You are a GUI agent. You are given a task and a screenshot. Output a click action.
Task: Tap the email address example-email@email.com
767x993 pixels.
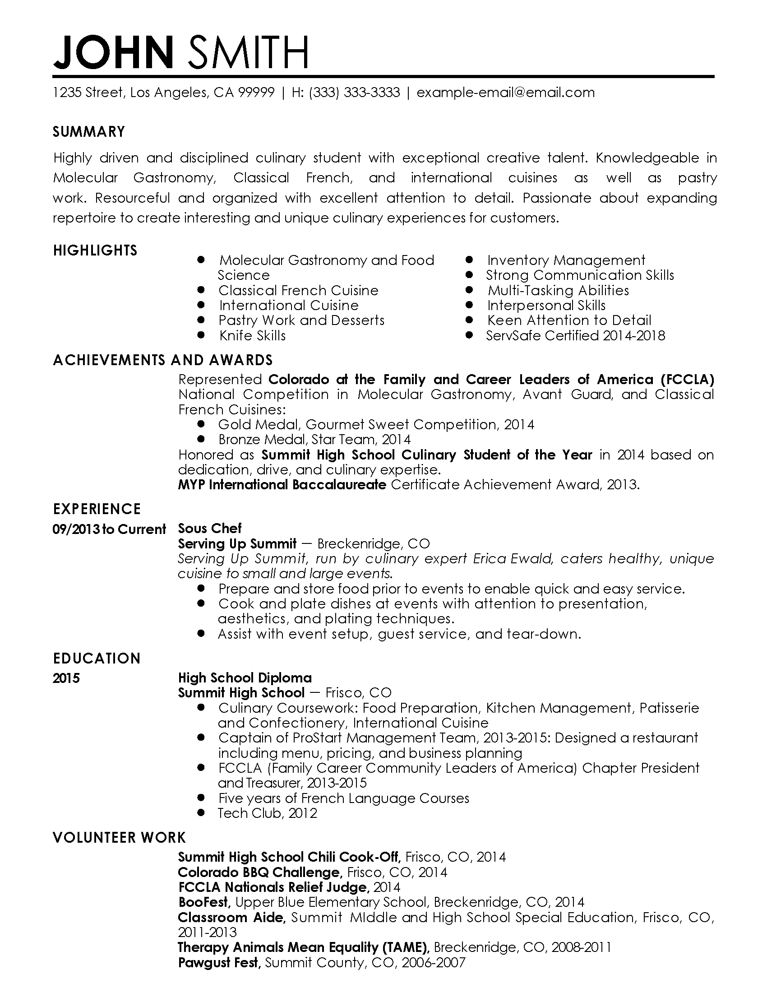click(505, 93)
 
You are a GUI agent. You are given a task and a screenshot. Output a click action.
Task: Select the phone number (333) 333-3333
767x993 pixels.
click(355, 93)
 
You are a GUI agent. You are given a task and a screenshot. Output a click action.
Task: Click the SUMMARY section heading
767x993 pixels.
click(88, 132)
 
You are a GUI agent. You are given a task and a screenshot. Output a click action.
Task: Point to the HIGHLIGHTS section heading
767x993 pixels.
click(95, 251)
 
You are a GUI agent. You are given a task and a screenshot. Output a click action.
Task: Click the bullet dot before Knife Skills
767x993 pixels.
click(201, 335)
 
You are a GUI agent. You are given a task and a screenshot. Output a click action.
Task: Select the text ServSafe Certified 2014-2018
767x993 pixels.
click(575, 335)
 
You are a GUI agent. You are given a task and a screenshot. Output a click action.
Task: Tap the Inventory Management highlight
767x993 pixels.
click(566, 260)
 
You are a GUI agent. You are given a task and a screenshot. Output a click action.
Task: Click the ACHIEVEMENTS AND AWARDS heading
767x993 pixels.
click(163, 360)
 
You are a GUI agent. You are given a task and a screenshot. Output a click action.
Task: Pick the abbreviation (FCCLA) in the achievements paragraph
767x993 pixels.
click(687, 379)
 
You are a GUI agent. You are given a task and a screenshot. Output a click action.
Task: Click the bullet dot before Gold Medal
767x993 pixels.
click(201, 424)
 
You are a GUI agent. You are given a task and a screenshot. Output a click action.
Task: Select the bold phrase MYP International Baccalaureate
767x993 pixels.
click(282, 485)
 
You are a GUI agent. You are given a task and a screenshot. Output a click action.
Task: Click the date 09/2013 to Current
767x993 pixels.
click(109, 529)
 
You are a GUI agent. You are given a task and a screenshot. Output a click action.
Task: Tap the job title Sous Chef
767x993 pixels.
click(209, 529)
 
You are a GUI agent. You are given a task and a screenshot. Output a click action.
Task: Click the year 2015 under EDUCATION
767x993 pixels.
click(66, 678)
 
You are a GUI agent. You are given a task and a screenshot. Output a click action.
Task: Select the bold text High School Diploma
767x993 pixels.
click(245, 678)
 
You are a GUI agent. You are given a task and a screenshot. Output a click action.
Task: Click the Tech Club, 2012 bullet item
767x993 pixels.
click(267, 813)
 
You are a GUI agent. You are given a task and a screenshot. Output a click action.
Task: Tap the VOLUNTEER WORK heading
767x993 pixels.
click(119, 837)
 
